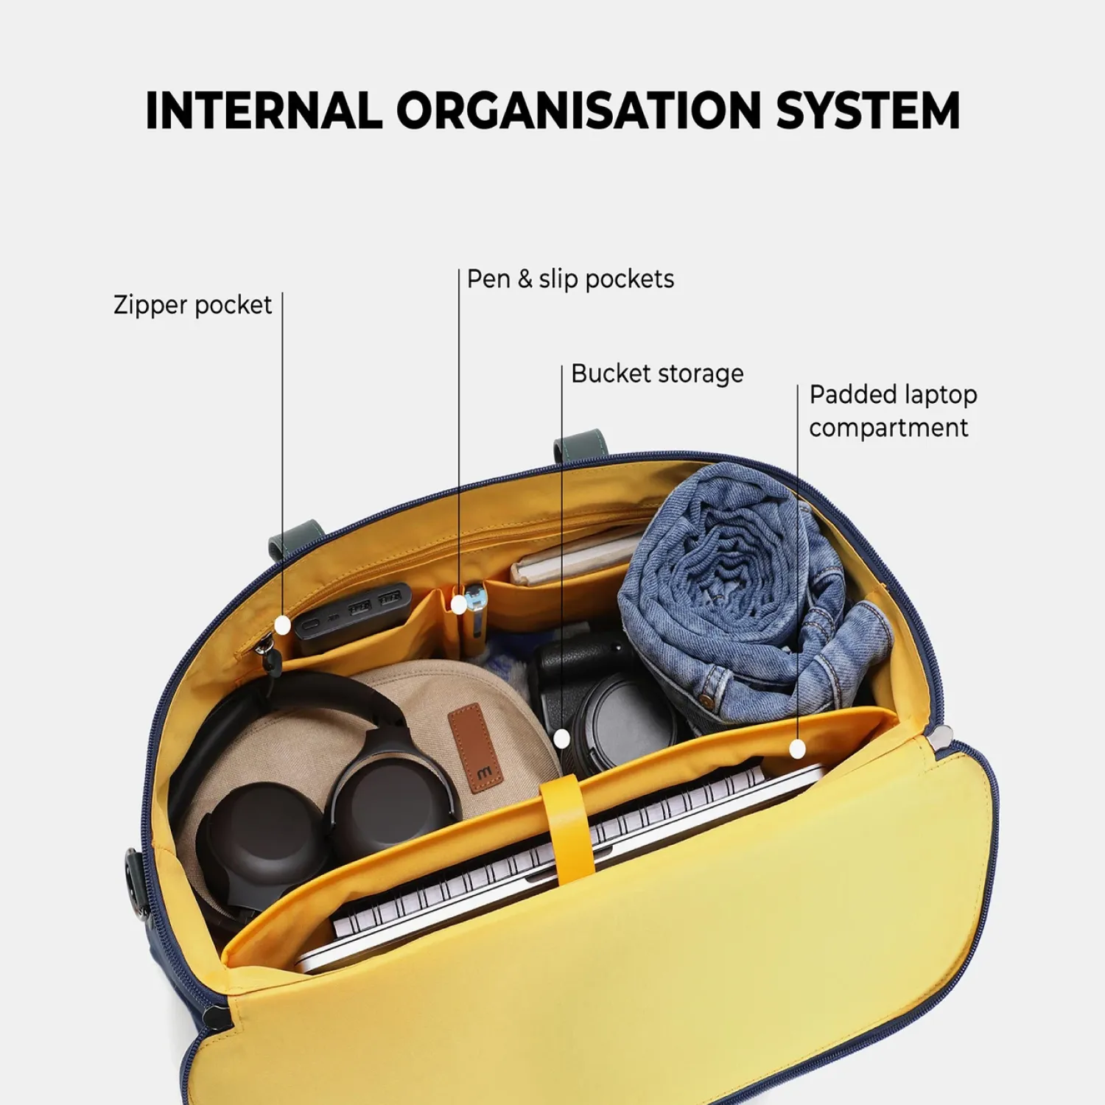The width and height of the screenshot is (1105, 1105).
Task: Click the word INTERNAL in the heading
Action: (x=264, y=110)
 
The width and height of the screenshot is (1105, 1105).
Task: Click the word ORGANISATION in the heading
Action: (x=578, y=110)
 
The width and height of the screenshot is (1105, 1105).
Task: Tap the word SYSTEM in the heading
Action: (x=868, y=110)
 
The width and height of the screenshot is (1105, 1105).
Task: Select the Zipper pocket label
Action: (x=192, y=305)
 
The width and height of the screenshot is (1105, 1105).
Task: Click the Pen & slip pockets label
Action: (x=571, y=279)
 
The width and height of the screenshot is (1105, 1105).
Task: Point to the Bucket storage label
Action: (x=657, y=373)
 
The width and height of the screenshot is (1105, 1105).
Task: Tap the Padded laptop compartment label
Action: (x=893, y=411)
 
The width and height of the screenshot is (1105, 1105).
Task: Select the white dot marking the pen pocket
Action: (x=459, y=605)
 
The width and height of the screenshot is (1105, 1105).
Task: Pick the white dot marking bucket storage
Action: (x=562, y=738)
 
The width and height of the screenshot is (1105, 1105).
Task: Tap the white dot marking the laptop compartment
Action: (x=798, y=749)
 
